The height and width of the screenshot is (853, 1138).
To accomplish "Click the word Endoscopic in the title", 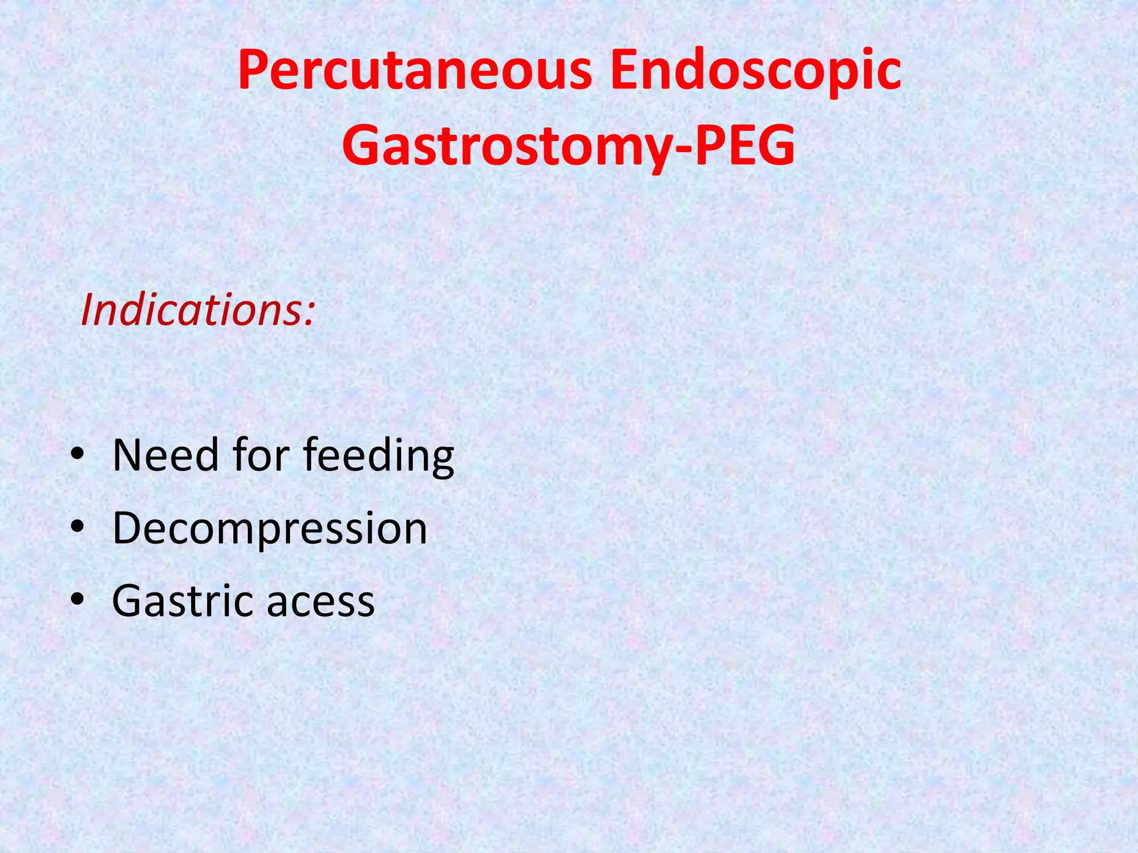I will [x=755, y=71].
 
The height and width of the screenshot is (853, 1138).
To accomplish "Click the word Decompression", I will [x=269, y=529].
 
